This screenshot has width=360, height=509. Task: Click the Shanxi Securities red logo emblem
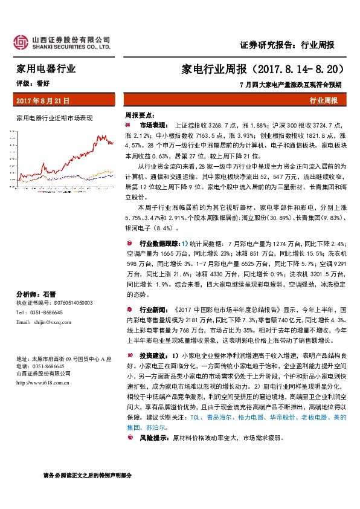21,42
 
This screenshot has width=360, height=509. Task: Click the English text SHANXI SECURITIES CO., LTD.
71,46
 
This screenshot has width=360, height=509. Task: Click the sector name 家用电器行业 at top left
46,70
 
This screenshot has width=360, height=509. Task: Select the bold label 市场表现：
152,123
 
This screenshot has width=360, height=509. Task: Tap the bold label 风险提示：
152,437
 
